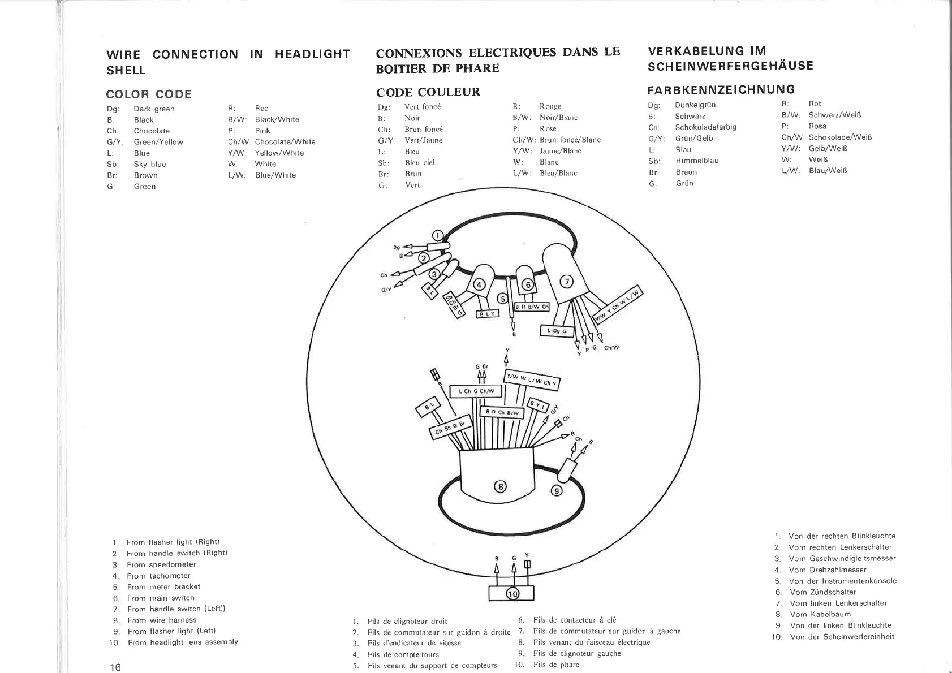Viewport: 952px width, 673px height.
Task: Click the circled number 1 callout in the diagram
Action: pos(438,235)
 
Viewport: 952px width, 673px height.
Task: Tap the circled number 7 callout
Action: pos(566,282)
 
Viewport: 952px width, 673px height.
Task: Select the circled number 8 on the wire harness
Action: pos(500,486)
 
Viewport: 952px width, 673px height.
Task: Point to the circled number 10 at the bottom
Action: pos(512,594)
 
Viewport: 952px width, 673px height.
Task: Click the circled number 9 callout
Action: pos(557,491)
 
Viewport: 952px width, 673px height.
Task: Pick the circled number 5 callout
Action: pos(502,299)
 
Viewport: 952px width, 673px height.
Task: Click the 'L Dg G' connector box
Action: pos(557,331)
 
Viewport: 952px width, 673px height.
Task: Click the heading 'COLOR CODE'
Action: pos(149,94)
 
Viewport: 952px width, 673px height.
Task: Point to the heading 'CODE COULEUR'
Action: pos(428,92)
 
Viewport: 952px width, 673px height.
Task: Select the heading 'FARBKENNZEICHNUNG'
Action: pos(721,89)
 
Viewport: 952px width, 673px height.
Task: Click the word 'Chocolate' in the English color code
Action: pos(152,131)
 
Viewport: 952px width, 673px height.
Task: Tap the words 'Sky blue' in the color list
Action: pos(150,164)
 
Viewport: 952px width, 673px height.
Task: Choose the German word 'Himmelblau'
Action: pos(696,161)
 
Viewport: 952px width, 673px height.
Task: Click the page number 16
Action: pos(115,667)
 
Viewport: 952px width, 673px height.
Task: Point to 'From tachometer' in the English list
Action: pos(158,576)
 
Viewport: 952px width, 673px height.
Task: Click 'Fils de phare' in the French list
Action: pos(556,665)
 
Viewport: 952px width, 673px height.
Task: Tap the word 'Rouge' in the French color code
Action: pos(550,106)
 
